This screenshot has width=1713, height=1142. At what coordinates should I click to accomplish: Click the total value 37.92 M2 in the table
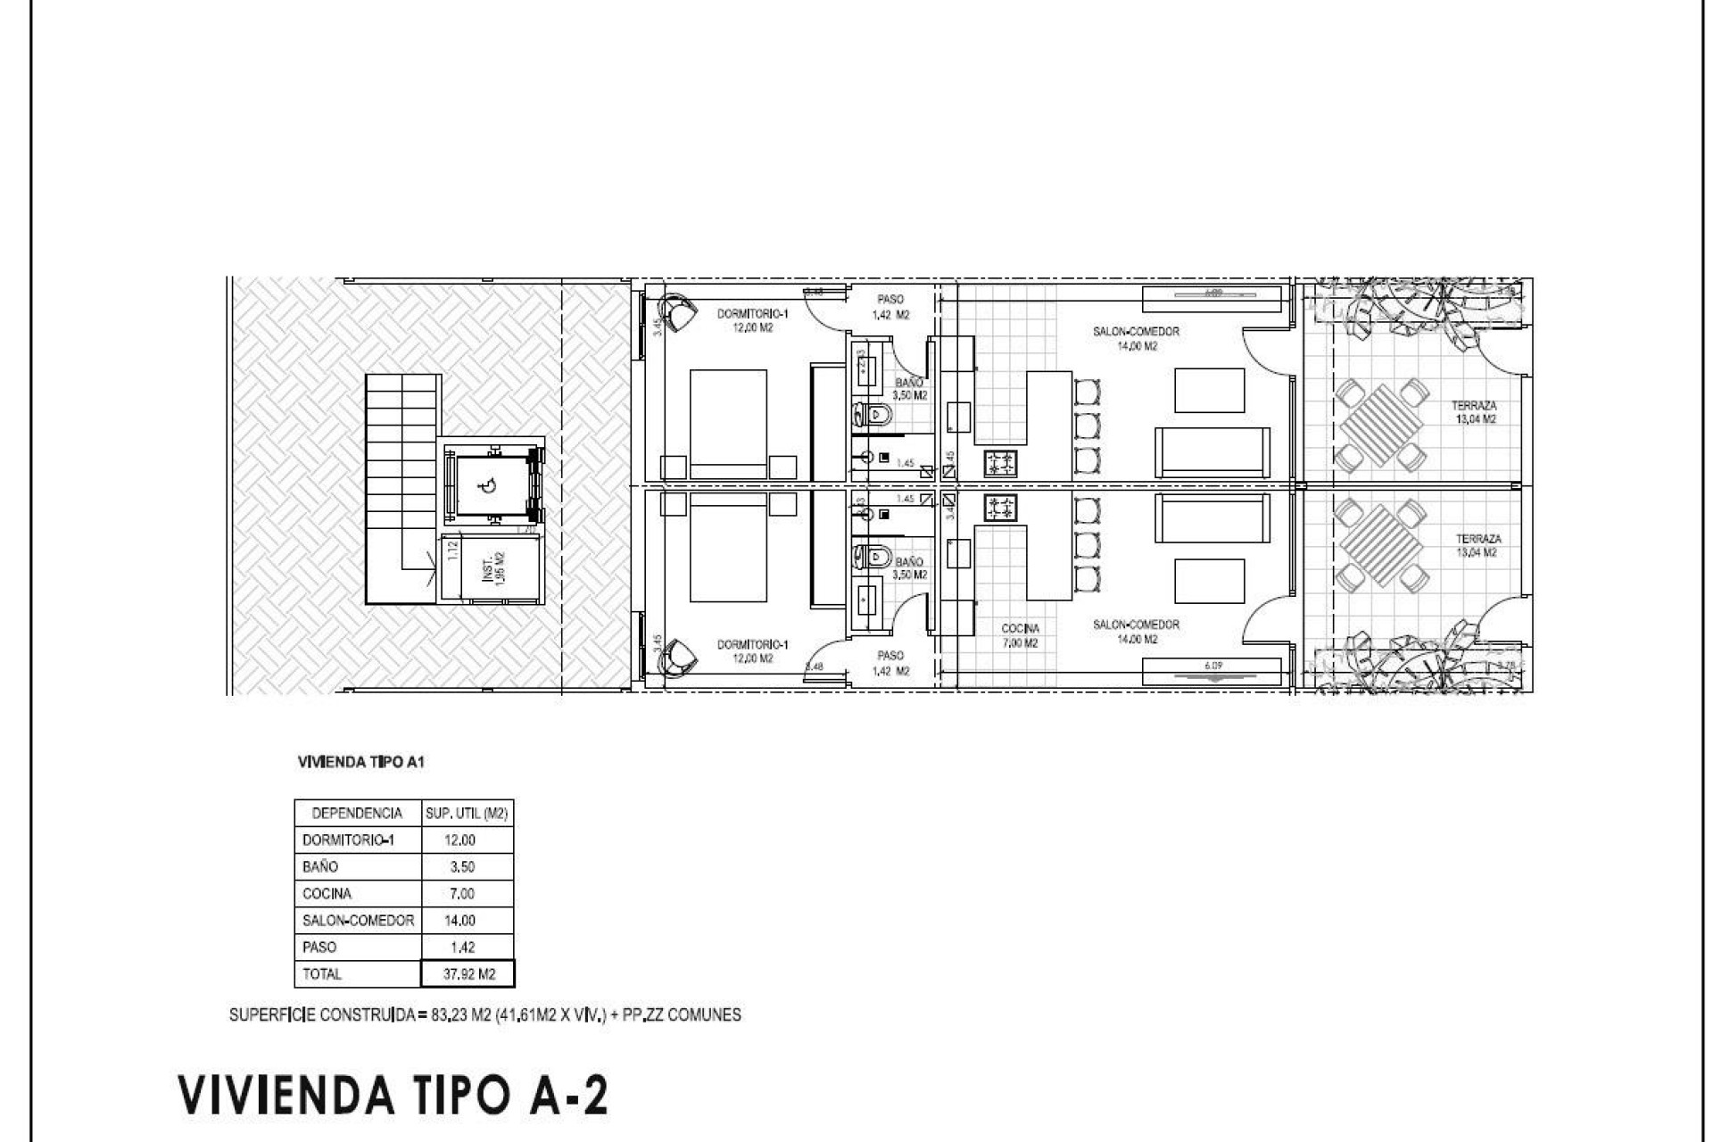468,974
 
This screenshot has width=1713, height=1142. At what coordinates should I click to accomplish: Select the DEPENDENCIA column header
357,813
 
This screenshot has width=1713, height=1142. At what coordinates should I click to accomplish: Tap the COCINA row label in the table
327,893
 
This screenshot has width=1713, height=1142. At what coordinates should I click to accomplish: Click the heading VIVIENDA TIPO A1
360,763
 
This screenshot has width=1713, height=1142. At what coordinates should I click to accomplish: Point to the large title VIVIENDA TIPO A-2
393,1095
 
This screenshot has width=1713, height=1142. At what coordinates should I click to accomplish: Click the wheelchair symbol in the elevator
488,486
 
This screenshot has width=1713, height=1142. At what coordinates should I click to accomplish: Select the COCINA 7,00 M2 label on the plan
1020,635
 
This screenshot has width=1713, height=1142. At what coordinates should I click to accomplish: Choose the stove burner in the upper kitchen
1000,463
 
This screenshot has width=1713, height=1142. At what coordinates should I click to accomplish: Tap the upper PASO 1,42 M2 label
890,307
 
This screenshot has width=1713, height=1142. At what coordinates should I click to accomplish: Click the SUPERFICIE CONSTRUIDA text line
484,1015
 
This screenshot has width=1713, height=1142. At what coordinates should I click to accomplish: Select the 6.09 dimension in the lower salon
1212,665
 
